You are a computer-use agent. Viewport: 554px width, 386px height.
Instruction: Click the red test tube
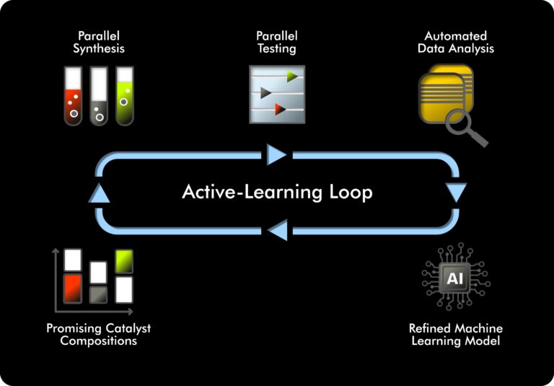73,96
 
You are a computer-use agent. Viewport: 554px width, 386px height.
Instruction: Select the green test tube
125,96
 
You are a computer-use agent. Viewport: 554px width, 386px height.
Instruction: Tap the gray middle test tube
99,96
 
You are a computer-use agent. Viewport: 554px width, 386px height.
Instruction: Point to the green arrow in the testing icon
291,76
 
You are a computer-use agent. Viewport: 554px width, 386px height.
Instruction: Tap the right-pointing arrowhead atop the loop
277,154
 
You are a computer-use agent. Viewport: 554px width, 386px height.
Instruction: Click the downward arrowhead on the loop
457,193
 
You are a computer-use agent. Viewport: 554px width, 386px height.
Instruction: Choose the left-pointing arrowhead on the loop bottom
277,231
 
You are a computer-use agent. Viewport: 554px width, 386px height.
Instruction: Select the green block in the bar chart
124,260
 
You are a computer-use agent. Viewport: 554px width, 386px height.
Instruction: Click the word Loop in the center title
348,193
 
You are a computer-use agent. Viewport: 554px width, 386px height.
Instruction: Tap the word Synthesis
99,48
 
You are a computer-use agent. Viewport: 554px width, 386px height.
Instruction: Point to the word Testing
277,48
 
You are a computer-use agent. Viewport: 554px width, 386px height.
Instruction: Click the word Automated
455,36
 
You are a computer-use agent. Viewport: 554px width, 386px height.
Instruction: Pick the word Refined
430,328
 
